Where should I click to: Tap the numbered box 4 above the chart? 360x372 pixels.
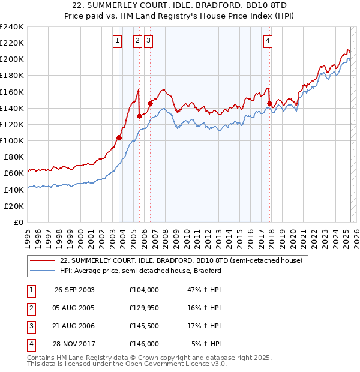(268, 41)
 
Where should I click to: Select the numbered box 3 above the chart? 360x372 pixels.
(148, 41)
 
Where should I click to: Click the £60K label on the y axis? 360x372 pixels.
(14, 173)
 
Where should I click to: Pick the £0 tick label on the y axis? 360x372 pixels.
(19, 222)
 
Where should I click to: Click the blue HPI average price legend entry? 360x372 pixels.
(141, 271)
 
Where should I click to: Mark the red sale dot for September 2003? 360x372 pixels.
(119, 137)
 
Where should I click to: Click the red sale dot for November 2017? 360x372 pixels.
(269, 103)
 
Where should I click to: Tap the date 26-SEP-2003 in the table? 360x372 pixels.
(74, 289)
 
